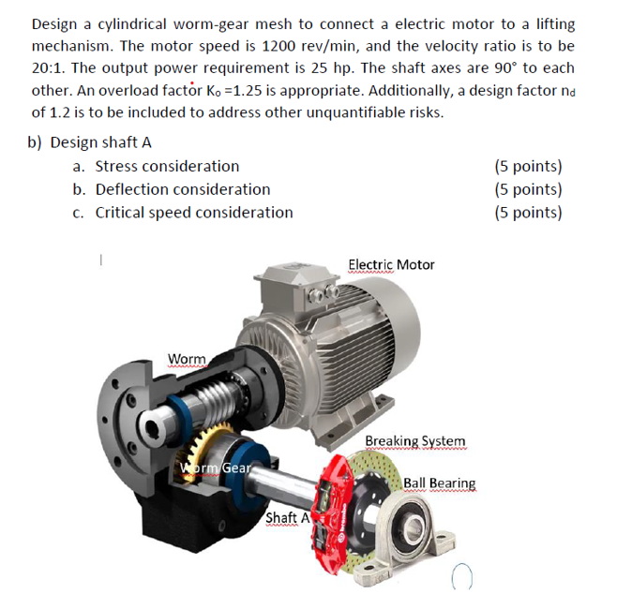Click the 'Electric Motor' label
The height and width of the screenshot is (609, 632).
391,265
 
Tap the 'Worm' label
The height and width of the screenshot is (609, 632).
186,360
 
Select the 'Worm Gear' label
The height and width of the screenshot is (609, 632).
215,468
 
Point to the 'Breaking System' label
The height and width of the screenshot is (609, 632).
414,440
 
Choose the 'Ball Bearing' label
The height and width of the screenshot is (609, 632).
439,483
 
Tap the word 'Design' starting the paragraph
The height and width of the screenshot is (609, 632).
56,24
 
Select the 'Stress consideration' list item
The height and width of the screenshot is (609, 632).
167,167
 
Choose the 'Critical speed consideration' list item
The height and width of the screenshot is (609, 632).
194,212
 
